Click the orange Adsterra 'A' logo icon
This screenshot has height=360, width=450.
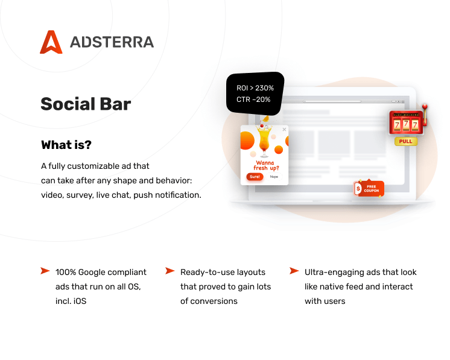pos(51,42)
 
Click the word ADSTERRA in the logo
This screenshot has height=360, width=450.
pos(112,42)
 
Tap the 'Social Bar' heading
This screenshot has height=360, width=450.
pos(86,104)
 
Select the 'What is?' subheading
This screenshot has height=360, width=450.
pos(66,145)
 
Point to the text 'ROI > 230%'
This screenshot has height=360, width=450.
pos(255,88)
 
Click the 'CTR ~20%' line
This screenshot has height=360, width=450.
pos(253,99)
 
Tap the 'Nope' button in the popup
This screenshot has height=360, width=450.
pos(274,177)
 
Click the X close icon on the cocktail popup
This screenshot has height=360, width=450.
pos(284,130)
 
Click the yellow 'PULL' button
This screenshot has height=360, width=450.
pos(406,142)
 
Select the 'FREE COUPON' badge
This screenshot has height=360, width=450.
pos(369,189)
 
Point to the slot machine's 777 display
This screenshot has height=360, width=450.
pos(406,125)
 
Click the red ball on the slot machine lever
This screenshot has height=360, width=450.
pos(425,107)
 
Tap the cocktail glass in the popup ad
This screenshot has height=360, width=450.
pos(264,140)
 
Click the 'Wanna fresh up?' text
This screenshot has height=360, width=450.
pos(266,165)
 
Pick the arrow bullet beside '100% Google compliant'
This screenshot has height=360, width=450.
pos(45,271)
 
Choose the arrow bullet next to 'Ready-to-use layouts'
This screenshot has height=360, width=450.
pos(170,271)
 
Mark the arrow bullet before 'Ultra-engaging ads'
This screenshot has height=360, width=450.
pos(294,271)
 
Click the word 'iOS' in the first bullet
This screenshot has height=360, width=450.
pos(80,301)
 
